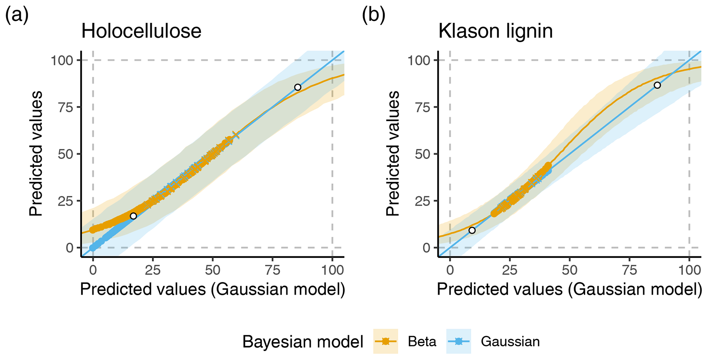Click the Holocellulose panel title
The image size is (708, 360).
point(141,32)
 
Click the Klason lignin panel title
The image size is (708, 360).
point(495,32)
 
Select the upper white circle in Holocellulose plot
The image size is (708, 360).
point(298,87)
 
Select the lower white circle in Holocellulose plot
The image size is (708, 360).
point(133,216)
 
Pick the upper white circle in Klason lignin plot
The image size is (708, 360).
point(657,85)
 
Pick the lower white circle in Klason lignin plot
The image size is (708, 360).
point(472,230)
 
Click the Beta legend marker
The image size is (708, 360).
point(386,341)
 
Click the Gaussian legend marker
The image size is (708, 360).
point(459,341)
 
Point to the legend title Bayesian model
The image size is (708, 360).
point(303,342)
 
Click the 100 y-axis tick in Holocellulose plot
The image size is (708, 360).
point(62,61)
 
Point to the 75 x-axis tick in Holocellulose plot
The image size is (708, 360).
point(272,270)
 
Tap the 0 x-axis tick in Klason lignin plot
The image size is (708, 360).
point(450,270)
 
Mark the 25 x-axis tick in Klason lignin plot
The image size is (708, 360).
point(510,270)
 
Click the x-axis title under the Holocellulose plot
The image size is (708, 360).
point(212,289)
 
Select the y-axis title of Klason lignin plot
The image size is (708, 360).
point(393,153)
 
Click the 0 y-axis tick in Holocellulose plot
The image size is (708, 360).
point(70,248)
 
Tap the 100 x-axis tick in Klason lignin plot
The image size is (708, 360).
point(689,270)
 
